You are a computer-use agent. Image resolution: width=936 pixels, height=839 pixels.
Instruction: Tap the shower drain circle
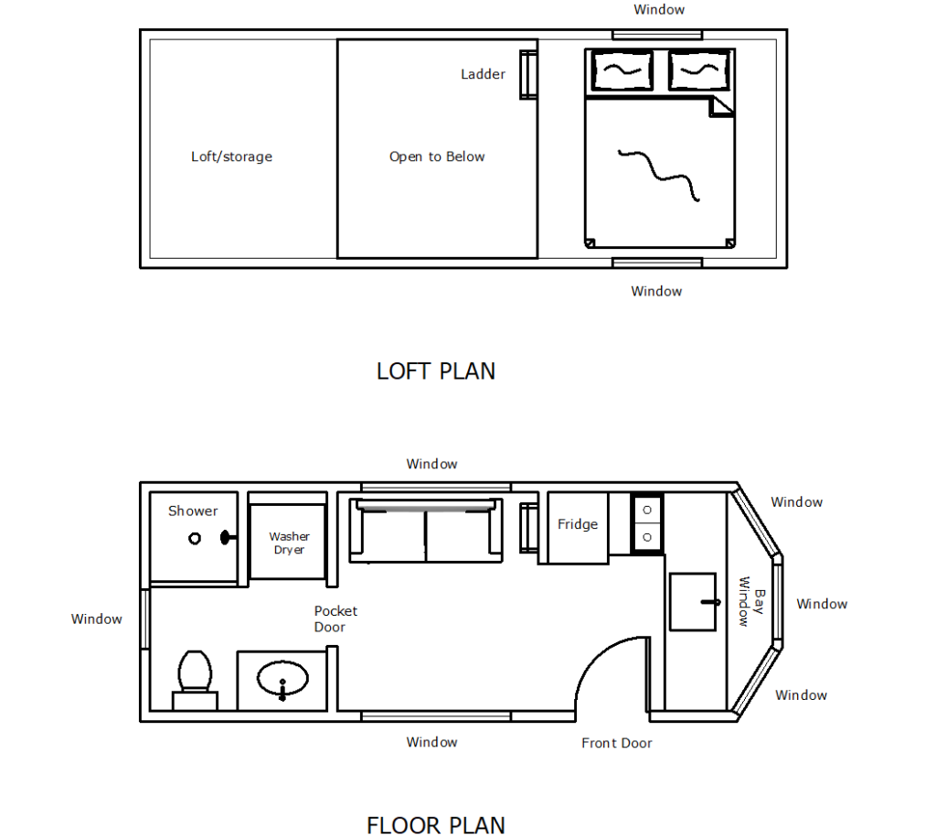(x=195, y=539)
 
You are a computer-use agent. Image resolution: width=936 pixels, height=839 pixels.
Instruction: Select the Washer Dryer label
(x=289, y=543)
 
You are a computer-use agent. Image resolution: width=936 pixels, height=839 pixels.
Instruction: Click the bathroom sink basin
(x=282, y=680)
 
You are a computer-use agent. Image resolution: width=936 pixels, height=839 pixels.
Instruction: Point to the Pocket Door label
(x=335, y=618)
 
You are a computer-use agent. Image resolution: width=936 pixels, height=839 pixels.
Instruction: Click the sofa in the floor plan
(x=425, y=531)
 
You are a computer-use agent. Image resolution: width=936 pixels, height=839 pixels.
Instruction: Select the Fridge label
(x=578, y=524)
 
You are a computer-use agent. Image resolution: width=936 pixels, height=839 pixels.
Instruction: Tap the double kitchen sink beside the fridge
(x=647, y=523)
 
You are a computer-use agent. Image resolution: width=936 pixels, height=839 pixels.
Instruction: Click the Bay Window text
(x=750, y=601)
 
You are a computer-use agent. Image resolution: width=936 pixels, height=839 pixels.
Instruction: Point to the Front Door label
(x=617, y=743)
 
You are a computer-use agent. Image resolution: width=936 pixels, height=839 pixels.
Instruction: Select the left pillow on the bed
(x=622, y=70)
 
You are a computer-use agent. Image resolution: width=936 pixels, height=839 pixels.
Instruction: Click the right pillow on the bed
(x=697, y=70)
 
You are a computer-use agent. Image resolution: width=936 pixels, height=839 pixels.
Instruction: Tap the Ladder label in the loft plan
(x=483, y=74)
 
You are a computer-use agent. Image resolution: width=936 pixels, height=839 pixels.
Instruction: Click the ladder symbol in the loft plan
(x=528, y=74)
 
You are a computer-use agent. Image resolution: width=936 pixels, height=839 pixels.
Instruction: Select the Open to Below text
(x=437, y=156)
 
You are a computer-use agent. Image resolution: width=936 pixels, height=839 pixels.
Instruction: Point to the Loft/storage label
(x=231, y=156)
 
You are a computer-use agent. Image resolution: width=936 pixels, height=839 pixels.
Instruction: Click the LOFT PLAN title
(x=436, y=371)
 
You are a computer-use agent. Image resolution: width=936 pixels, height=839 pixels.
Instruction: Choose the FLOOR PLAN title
(x=436, y=825)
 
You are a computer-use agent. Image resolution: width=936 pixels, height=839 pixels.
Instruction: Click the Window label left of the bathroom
(x=97, y=619)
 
